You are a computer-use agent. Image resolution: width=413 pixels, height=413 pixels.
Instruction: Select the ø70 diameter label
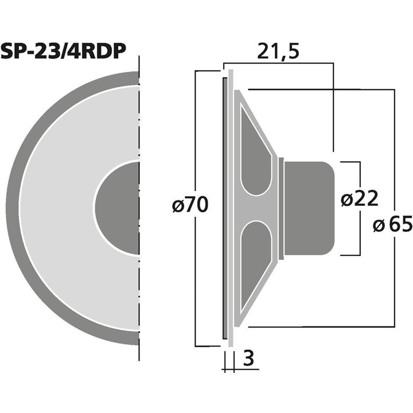click(x=189, y=205)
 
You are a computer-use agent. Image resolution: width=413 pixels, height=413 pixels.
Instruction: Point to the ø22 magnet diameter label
click(x=359, y=199)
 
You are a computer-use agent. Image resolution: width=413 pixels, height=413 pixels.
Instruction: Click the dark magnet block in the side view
click(x=308, y=208)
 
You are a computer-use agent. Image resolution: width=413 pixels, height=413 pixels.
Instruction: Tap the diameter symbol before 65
click(x=379, y=225)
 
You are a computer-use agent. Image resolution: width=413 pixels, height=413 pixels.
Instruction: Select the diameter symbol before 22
click(x=346, y=200)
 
